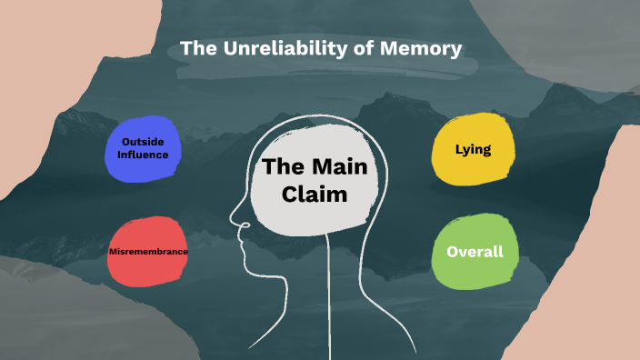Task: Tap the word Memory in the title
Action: pos(422,47)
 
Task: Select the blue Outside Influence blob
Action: pos(143,148)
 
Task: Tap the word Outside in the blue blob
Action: pos(144,142)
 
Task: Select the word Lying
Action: pos(473,148)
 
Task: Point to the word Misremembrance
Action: pos(147,251)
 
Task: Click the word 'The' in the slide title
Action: pos(198,47)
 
